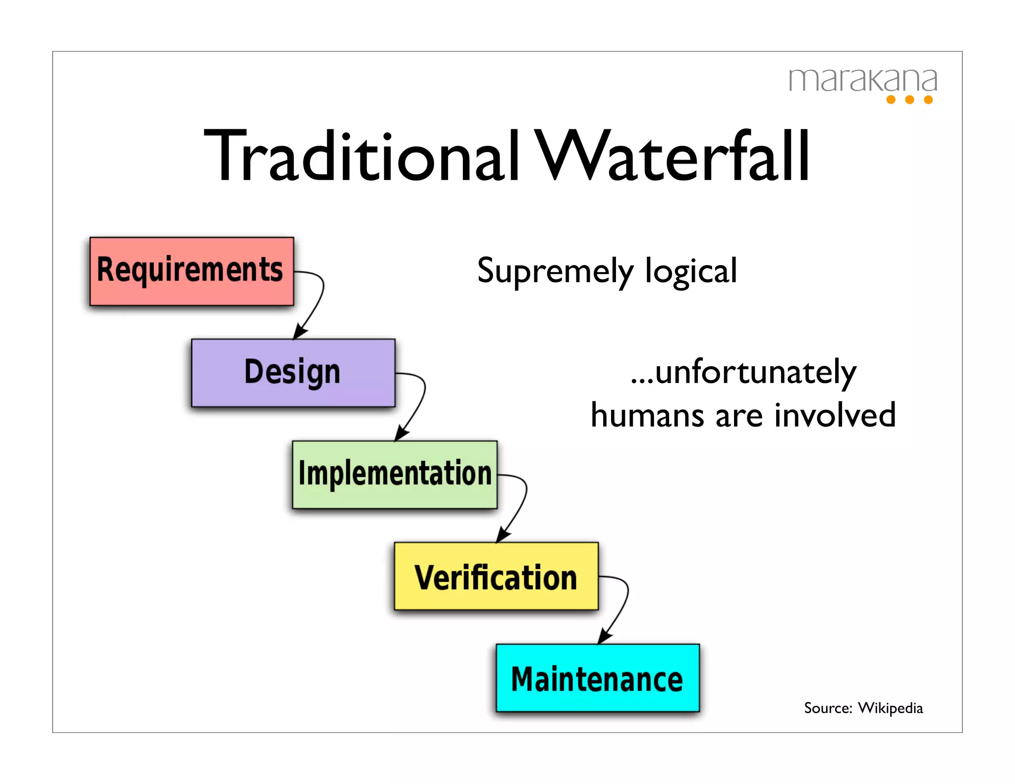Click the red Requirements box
pyautogui.click(x=191, y=271)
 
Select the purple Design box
pyautogui.click(x=293, y=373)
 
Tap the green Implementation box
pyautogui.click(x=395, y=474)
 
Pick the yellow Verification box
pyautogui.click(x=496, y=576)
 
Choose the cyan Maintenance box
pyautogui.click(x=598, y=678)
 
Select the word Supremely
pyautogui.click(x=555, y=272)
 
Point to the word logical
pyautogui.click(x=691, y=272)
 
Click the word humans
pyautogui.click(x=647, y=415)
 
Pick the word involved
pyautogui.click(x=835, y=415)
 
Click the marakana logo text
pyautogui.click(x=862, y=80)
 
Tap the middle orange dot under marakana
pyautogui.click(x=909, y=100)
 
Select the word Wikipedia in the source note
pyautogui.click(x=890, y=708)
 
